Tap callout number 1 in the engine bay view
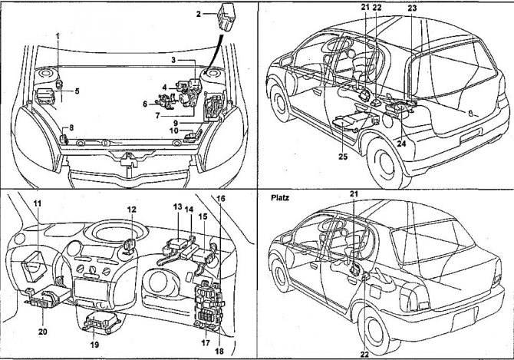[x=58, y=35]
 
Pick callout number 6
[x=144, y=103]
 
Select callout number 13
[x=176, y=208]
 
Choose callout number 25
[x=342, y=156]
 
